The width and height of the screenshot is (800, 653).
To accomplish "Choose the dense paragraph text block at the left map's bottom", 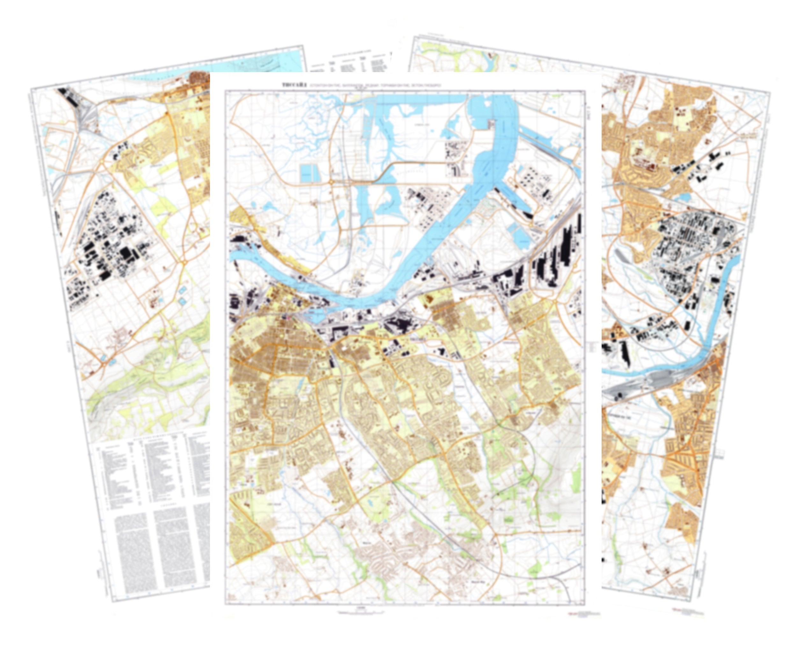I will [x=162, y=546].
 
